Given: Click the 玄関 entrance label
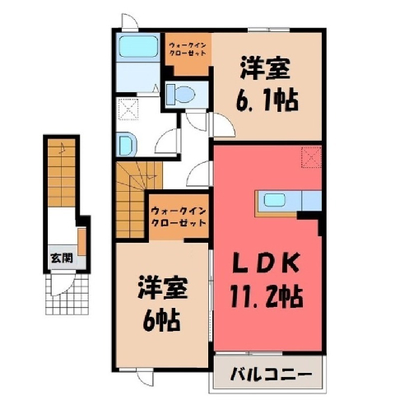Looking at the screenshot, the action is (62, 258).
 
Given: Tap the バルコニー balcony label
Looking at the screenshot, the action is (271, 374).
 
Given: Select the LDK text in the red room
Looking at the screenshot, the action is (266, 263).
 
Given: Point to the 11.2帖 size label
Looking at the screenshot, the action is (267, 297).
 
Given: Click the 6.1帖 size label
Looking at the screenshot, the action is (267, 100).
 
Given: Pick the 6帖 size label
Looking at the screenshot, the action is (161, 320).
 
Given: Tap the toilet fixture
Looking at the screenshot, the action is (180, 94).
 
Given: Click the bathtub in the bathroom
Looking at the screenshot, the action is (137, 47).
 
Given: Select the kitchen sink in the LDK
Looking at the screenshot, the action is (274, 200).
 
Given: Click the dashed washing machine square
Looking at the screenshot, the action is (128, 109).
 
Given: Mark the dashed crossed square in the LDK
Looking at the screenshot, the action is (311, 157).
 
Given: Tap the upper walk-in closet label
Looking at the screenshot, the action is (188, 49).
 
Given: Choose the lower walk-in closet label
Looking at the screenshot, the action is (179, 216).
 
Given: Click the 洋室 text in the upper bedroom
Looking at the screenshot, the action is (265, 68).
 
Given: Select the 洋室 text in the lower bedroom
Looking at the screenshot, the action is (163, 288).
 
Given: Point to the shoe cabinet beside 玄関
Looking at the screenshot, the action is (81, 241).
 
